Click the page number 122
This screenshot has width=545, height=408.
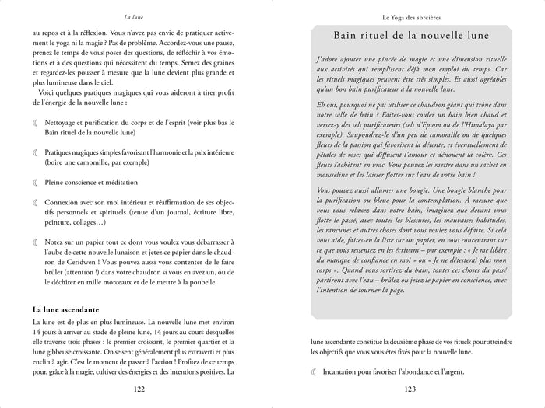(139, 389)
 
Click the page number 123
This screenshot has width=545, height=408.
(409, 389)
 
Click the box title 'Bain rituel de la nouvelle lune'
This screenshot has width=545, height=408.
(410, 37)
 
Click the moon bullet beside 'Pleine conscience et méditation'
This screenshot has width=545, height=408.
(35, 182)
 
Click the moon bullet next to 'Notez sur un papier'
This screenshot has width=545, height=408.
(35, 243)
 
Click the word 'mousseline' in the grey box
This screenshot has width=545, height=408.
(337, 176)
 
